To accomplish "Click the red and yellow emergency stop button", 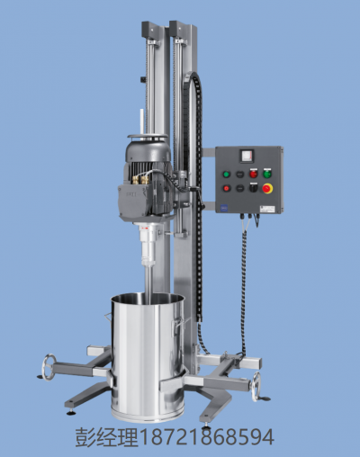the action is pos(267,188).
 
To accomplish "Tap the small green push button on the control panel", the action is pos(227,175).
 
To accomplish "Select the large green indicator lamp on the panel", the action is pos(267,174).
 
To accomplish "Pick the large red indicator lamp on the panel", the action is pos(254,174).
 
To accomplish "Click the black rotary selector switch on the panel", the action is pos(254,188).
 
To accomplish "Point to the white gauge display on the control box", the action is pos(247,157).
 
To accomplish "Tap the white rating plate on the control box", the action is pos(267,209).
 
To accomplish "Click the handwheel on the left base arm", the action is pos(49,367).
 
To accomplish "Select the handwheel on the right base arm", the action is pos(256,387).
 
